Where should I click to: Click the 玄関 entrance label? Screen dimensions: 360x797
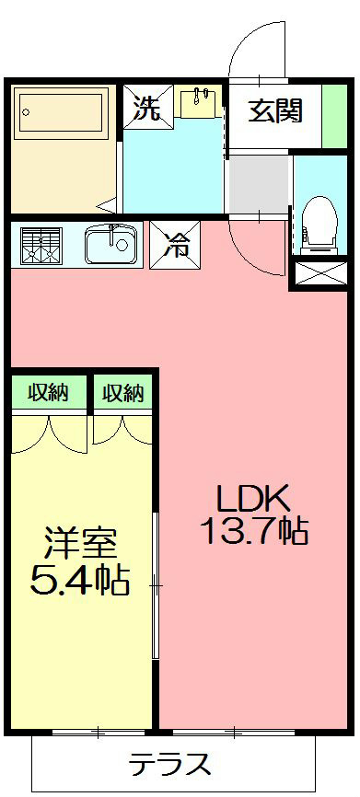tap(274, 112)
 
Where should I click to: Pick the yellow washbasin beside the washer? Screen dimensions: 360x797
tap(199, 102)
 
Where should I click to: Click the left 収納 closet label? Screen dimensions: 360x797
tap(48, 393)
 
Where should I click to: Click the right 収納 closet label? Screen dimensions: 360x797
tap(122, 393)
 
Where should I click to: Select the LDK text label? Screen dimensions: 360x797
tap(253, 500)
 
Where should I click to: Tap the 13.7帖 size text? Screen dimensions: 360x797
tap(253, 532)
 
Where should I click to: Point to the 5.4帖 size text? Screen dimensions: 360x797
tap(79, 581)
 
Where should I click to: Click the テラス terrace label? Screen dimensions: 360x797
tap(170, 764)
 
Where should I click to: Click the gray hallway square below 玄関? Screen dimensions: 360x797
tap(258, 184)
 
